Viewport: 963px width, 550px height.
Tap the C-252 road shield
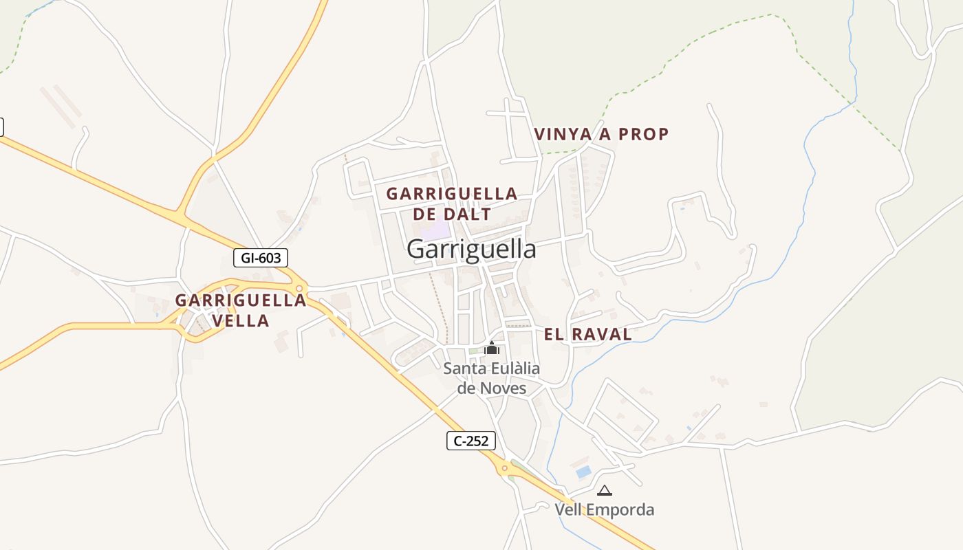coord(471,441)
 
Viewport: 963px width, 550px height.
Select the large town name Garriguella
coord(471,249)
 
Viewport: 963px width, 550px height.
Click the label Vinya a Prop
coord(601,134)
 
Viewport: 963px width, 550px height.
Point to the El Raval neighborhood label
coord(587,335)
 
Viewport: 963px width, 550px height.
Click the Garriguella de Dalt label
coord(451,203)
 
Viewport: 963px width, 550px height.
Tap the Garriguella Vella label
coord(240,310)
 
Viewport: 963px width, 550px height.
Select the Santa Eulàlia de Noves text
coord(491,378)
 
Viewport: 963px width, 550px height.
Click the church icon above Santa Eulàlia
coord(491,349)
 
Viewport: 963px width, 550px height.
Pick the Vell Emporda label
coord(605,510)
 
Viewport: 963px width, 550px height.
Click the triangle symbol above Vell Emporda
coord(605,490)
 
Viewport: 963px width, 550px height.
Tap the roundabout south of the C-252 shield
coord(505,469)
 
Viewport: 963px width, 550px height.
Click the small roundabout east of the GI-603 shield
coord(299,289)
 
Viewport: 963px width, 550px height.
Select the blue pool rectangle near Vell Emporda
coord(583,472)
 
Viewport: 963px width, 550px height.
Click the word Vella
coord(240,320)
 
